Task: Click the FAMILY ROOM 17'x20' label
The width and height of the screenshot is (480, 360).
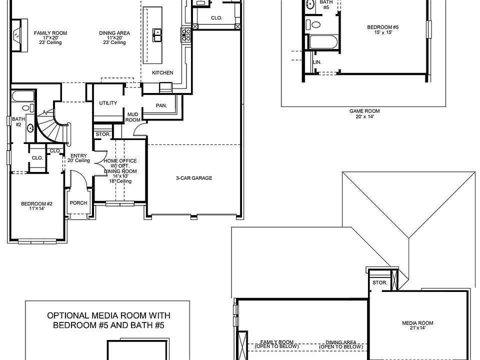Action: pos(50,38)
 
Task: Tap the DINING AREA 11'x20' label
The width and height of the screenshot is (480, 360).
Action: pos(114,38)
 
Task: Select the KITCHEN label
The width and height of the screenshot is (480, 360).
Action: pos(162,73)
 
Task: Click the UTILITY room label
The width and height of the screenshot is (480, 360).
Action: pos(108,103)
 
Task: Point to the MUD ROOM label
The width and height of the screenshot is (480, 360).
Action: pos(132,117)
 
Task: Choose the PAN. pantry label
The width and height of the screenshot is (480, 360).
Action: pos(161,105)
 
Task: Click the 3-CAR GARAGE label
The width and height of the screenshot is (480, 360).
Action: pos(194,178)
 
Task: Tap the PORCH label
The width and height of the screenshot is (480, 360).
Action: pos(79,203)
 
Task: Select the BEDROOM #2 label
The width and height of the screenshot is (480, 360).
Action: pos(36,206)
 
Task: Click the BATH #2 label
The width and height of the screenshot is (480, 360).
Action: pos(18,121)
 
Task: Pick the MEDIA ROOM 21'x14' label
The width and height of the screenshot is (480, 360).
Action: pos(417,325)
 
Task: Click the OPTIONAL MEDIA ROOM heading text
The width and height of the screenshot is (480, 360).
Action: pos(108,320)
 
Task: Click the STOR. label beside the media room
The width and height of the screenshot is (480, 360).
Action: pos(379,282)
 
